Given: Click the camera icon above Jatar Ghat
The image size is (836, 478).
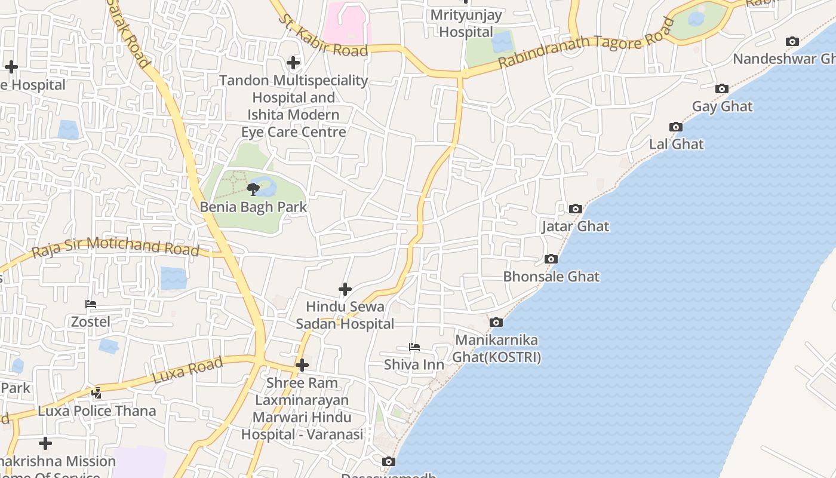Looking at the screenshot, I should (576, 209).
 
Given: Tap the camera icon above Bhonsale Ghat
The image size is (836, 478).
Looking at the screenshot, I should (551, 259).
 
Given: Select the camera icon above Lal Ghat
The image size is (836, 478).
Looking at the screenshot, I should (676, 127).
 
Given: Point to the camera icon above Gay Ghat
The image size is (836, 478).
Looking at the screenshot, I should (722, 89).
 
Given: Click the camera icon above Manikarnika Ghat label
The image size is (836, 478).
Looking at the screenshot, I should (496, 323).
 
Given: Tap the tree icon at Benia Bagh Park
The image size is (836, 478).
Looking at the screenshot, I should (253, 189).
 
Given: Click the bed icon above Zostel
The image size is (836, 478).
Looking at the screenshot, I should (91, 304).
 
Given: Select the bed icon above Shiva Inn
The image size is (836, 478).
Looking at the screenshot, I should (414, 347).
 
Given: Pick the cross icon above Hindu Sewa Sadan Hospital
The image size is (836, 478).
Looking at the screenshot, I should (345, 290).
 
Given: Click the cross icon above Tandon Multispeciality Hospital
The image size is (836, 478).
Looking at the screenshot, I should (293, 62).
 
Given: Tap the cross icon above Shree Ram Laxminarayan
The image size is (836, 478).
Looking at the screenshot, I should (302, 364).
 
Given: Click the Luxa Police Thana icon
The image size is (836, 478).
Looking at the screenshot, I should (97, 393).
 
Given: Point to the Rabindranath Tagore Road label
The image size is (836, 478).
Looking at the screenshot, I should (586, 43).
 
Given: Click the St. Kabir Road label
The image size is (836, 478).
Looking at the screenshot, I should (323, 35).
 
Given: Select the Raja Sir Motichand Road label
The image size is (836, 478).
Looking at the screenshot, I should (115, 246).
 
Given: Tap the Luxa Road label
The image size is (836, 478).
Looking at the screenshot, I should (188, 370).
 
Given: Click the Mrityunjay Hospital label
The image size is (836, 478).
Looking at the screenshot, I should (466, 23).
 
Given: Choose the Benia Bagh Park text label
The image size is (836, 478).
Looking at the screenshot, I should (253, 207).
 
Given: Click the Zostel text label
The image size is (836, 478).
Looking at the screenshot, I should (91, 321).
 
